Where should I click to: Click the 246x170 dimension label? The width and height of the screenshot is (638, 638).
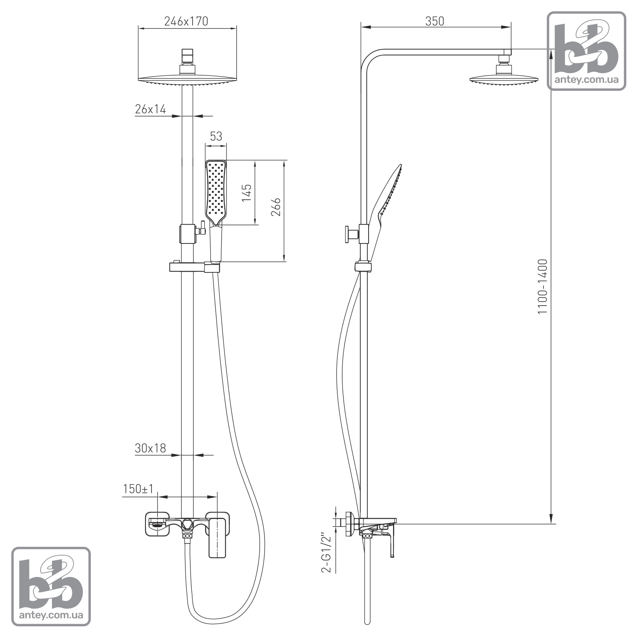(186, 21)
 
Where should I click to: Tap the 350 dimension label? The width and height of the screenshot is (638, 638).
(435, 21)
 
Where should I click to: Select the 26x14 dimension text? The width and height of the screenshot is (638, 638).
(150, 109)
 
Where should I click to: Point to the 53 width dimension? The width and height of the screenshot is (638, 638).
(216, 136)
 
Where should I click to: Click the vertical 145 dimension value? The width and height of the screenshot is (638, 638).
(246, 193)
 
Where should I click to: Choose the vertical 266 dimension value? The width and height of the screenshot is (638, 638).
(276, 207)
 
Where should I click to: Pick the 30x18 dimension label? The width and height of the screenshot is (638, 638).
(150, 448)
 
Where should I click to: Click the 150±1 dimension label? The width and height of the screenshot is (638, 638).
(138, 489)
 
